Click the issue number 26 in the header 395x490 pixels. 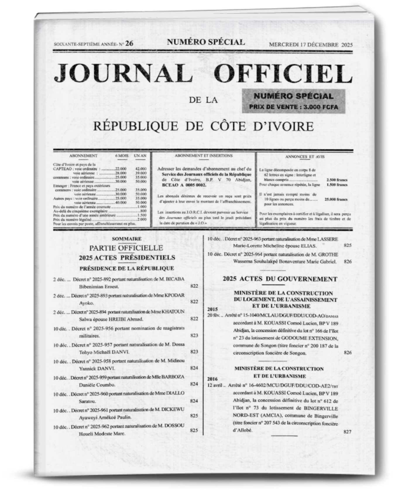tap(129, 44)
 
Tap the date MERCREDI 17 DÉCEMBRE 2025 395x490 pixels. tap(311, 45)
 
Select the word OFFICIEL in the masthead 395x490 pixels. tap(283, 73)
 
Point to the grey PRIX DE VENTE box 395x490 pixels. tap(293, 102)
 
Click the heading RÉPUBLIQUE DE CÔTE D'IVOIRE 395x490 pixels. tap(203, 126)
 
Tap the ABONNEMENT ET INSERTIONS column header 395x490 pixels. tap(204, 156)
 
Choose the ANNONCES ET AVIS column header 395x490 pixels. tap(305, 157)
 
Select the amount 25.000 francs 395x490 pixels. tap(336, 200)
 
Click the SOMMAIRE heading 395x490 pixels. tap(127, 239)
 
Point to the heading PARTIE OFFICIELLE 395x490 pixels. tap(126, 248)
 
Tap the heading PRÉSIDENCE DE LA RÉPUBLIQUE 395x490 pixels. tap(127, 268)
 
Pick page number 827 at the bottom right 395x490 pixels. tap(347, 431)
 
